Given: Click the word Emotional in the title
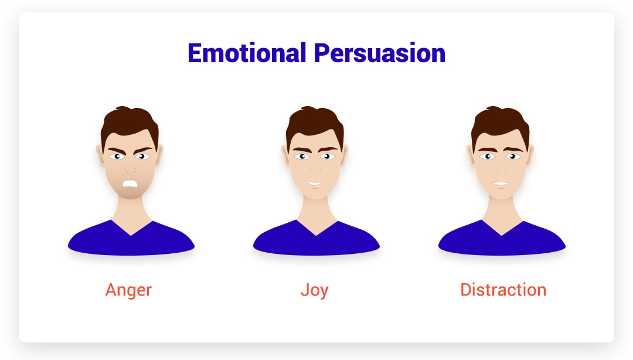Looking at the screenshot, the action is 247,53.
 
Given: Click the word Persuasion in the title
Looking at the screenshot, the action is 379,53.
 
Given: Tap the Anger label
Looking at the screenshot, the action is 128,290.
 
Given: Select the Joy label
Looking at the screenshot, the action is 315,290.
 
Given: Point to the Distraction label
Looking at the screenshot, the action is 503,290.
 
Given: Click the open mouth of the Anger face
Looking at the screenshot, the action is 130,185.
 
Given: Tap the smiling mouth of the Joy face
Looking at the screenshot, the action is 315,183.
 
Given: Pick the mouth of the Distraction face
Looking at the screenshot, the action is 501,184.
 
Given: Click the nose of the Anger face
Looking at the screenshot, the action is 130,169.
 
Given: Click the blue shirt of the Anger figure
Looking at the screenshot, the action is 131,242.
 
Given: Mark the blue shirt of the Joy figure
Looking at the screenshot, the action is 316,242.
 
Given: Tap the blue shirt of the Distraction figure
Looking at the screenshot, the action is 502,242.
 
